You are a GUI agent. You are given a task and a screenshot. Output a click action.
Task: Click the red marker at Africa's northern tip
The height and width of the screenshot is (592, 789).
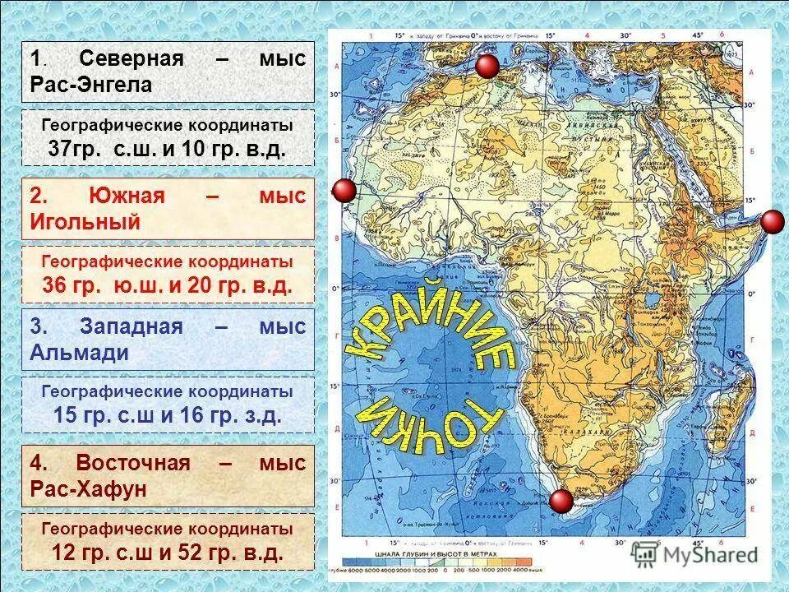tap(488, 67)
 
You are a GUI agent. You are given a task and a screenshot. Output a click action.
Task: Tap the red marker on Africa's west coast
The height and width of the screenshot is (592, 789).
tap(344, 191)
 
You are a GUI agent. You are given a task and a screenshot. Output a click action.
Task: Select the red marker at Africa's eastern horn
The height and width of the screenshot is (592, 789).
tap(773, 222)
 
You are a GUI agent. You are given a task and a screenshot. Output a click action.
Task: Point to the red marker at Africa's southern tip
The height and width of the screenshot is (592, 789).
tap(562, 501)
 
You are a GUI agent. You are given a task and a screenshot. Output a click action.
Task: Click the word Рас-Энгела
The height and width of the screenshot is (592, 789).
tap(90, 85)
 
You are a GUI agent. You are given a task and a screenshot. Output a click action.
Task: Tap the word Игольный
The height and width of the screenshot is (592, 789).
tap(85, 222)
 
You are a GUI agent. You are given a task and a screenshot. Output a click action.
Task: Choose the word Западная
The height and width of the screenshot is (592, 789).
tap(131, 326)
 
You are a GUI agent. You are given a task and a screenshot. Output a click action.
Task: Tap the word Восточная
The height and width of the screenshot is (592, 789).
tap(132, 463)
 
